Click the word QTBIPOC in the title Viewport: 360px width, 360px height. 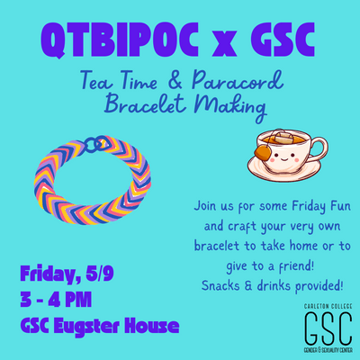tap(120, 40)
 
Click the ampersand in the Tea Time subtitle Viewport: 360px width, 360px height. tap(174, 81)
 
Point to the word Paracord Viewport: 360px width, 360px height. tap(238, 80)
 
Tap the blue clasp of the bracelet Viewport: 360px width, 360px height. tap(96, 143)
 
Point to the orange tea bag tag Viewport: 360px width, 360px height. tap(262, 152)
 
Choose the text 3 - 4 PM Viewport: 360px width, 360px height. tap(56, 300)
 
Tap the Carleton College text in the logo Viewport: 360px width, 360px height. tap(328, 307)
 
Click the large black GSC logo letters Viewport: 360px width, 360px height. tap(328, 328)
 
